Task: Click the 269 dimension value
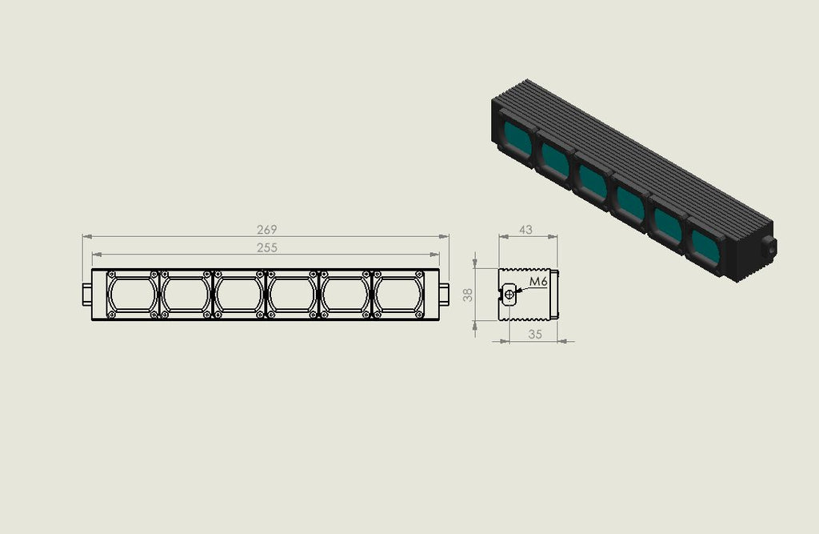click(x=266, y=230)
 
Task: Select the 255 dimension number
click(x=266, y=247)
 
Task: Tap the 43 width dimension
click(x=525, y=230)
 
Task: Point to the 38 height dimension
click(x=468, y=295)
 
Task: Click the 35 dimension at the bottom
click(x=535, y=334)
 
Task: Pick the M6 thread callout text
click(x=538, y=281)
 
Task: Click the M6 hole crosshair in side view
click(x=509, y=295)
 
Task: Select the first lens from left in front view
click(x=132, y=295)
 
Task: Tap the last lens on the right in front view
click(x=398, y=295)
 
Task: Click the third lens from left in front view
click(x=238, y=295)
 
